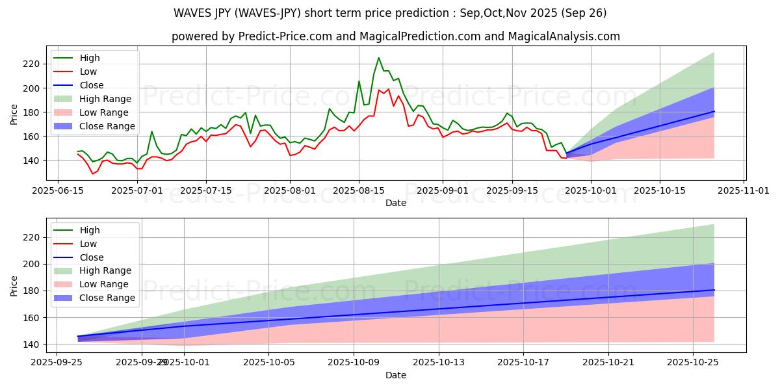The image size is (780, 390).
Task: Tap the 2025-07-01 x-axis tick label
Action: pos(137,190)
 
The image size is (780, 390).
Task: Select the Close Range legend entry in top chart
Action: pos(107,126)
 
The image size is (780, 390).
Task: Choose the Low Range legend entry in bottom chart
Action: pos(104,284)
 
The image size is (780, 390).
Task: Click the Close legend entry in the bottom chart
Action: pos(91,257)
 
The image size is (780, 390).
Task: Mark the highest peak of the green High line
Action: pos(379,58)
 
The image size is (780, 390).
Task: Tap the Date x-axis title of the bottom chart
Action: pos(395,375)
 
